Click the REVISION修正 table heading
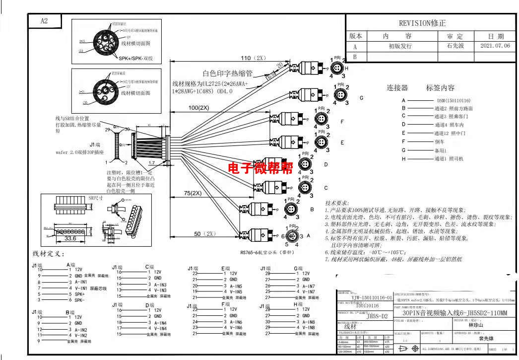pyautogui.click(x=422, y=23)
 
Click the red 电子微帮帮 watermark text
pyautogui.click(x=260, y=167)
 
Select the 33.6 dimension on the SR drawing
pyautogui.click(x=70, y=238)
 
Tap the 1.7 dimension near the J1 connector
pyautogui.click(x=152, y=162)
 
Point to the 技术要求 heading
pyautogui.click(x=337, y=204)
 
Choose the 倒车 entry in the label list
pyautogui.click(x=439, y=142)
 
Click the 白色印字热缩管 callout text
pyautogui.click(x=228, y=73)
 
